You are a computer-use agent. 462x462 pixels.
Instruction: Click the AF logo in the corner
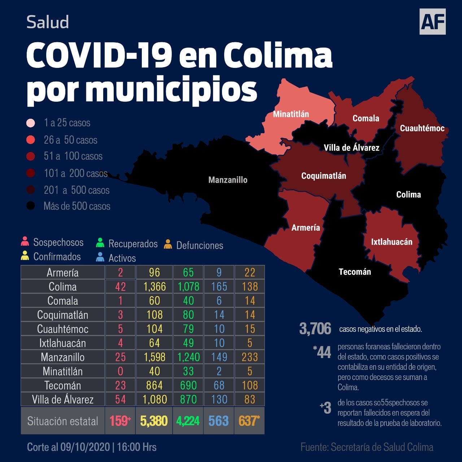coord(432,22)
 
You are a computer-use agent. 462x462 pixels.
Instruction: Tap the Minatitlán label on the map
coord(291,114)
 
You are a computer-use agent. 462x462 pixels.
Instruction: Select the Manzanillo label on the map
coord(228,180)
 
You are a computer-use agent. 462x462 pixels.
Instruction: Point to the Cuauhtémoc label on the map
coord(422,128)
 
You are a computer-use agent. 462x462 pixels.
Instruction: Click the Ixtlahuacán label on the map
coord(392,242)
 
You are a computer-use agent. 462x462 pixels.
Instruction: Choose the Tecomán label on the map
coord(355,272)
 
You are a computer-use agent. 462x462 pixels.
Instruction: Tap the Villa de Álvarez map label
coord(351,148)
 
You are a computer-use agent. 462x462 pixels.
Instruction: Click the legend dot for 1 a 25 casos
coord(31,123)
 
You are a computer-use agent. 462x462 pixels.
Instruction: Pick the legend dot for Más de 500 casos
coord(31,206)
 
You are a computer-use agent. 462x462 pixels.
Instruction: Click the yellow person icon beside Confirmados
coord(25,256)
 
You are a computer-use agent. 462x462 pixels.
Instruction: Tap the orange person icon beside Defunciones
coord(168,244)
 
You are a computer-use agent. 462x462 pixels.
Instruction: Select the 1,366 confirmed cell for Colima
coord(154,287)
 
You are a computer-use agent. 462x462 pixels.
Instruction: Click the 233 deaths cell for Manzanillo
coord(250,357)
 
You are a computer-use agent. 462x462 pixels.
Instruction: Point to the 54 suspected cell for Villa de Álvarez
coord(120,399)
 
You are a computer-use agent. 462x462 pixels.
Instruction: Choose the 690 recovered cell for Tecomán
coord(188,385)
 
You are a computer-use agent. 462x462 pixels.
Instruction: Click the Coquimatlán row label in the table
coord(62,315)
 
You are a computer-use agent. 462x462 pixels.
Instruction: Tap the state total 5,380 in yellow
coord(154,421)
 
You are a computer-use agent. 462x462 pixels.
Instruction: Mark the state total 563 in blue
coord(219,421)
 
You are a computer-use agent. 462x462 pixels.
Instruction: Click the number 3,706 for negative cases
coord(315,329)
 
